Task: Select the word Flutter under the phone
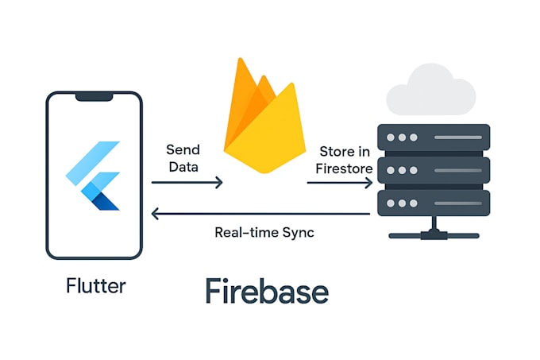pyautogui.click(x=95, y=285)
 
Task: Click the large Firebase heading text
pyautogui.click(x=266, y=292)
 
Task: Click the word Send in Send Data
pyautogui.click(x=183, y=149)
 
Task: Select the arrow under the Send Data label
pyautogui.click(x=187, y=183)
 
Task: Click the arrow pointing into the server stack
pyautogui.click(x=340, y=183)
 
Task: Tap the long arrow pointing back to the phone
pyautogui.click(x=262, y=213)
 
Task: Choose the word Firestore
pyautogui.click(x=344, y=168)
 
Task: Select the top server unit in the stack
pyautogui.click(x=434, y=137)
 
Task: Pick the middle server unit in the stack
pyautogui.click(x=434, y=168)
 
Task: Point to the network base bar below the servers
pyautogui.click(x=434, y=234)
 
